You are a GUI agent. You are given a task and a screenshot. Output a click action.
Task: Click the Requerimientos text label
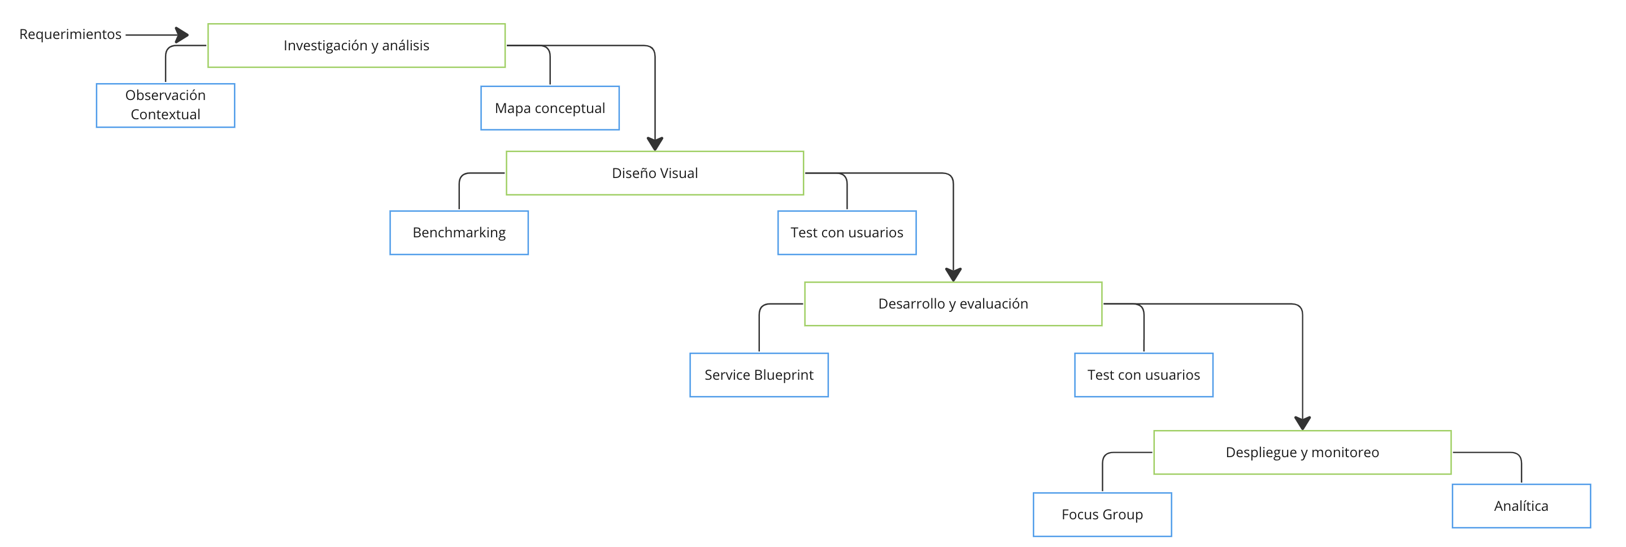70,34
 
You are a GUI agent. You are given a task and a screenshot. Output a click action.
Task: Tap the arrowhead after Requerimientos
182,34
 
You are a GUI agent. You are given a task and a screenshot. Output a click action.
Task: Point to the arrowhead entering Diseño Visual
655,144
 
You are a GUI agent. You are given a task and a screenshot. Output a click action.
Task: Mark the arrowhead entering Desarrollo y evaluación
953,275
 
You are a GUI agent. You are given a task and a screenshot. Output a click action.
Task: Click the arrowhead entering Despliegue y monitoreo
1303,423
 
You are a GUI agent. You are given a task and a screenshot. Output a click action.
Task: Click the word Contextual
166,114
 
